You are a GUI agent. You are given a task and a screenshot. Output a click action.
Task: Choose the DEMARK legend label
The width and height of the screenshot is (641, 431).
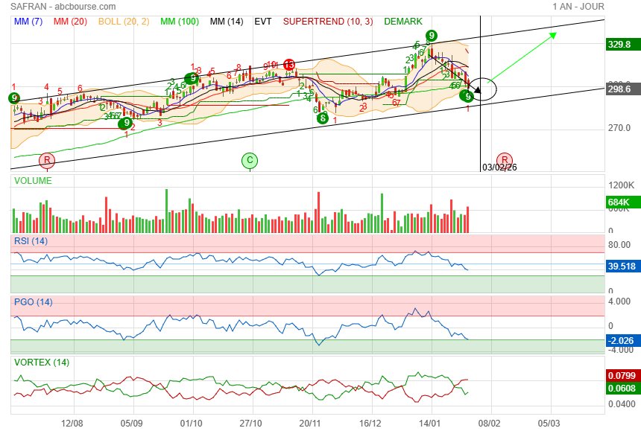click(x=402, y=22)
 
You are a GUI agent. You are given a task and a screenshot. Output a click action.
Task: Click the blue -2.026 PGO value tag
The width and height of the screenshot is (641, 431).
click(x=621, y=341)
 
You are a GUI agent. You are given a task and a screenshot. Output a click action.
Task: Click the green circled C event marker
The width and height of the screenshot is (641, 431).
click(x=250, y=160)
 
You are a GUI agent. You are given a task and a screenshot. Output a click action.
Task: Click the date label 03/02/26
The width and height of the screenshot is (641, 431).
click(x=499, y=167)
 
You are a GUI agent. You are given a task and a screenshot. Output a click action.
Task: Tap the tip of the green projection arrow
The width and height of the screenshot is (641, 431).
click(x=555, y=34)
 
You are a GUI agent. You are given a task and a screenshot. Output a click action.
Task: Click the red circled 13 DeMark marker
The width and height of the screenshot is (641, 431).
click(x=288, y=65)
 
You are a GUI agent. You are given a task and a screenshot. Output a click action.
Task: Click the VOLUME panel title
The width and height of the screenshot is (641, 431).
click(x=33, y=181)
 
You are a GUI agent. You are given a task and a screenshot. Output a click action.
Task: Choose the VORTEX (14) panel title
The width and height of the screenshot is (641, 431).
click(x=42, y=362)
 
